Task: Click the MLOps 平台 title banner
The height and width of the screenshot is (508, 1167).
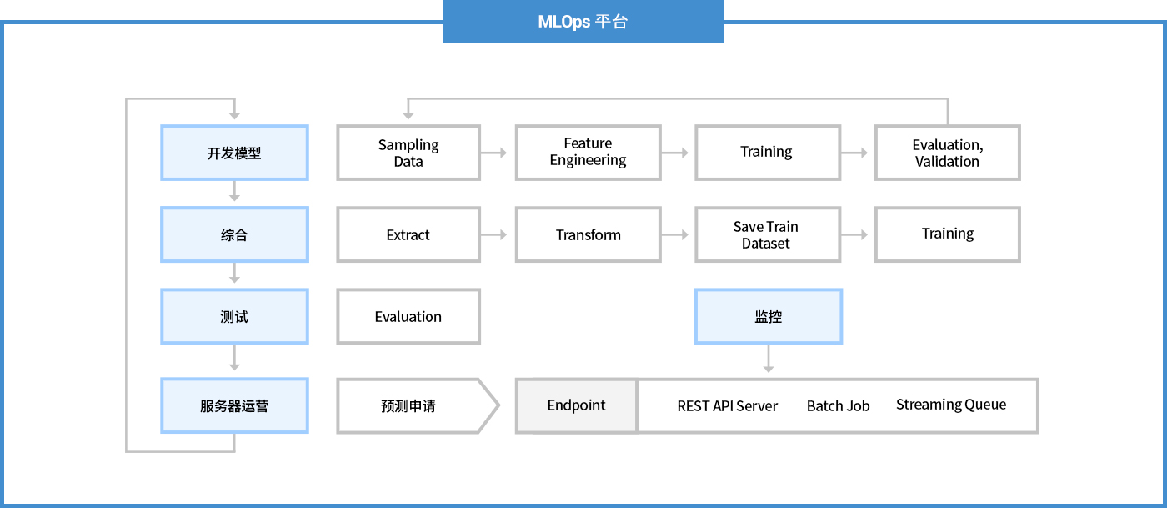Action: [583, 22]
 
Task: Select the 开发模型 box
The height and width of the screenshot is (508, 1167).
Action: [234, 153]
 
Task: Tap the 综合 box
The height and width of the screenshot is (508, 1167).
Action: [234, 234]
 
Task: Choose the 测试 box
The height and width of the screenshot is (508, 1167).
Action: [234, 316]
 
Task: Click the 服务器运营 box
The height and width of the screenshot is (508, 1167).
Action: [234, 405]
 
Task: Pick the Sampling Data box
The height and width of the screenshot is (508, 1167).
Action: [408, 153]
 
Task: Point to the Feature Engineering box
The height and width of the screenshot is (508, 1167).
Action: [588, 153]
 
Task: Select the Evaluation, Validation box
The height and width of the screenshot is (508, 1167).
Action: [947, 153]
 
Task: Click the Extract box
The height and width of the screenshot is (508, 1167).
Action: [408, 234]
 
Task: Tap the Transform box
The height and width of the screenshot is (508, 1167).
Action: [588, 234]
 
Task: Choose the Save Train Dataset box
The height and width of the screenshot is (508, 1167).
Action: [767, 234]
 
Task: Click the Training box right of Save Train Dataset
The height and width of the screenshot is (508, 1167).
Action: [947, 234]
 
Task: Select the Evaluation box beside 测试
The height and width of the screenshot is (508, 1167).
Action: [408, 316]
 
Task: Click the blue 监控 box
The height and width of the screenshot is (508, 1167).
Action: [768, 316]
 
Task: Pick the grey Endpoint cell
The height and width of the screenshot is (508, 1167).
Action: [576, 405]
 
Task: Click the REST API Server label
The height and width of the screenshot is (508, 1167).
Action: [727, 406]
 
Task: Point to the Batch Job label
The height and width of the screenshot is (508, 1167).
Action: [838, 406]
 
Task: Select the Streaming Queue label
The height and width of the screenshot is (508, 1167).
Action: [950, 405]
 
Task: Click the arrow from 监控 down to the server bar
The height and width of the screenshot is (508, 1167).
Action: [768, 360]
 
